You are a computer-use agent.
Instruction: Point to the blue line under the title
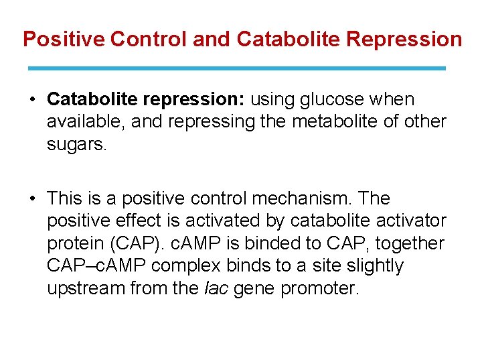coord(237,68)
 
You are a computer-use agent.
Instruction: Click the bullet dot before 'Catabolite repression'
coord(33,100)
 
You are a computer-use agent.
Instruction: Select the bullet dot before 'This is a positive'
coord(33,199)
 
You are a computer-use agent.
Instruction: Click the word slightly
coord(371,266)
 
